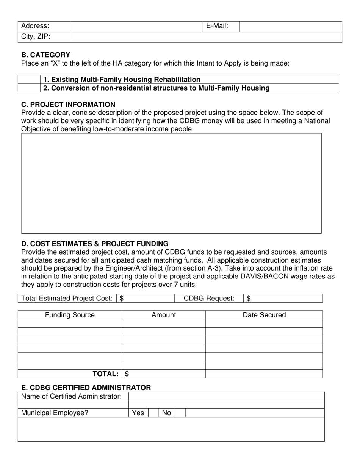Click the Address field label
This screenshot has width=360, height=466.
click(x=35, y=26)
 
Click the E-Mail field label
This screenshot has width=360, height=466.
click(x=217, y=26)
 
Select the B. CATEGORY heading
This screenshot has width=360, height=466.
click(x=45, y=55)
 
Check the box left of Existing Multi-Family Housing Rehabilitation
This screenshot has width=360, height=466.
click(x=29, y=80)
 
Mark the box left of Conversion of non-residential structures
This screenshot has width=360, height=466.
click(x=29, y=88)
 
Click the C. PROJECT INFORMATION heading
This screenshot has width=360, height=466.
click(x=68, y=105)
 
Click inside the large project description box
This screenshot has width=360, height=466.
click(x=171, y=183)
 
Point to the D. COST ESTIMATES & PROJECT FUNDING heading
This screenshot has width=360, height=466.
click(x=95, y=244)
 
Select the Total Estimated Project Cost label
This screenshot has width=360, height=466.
click(x=67, y=299)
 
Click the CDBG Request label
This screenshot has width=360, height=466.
click(x=209, y=299)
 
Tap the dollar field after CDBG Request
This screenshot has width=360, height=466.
click(x=284, y=299)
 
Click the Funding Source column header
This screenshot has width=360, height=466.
click(x=70, y=315)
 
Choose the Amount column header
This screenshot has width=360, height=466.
click(x=164, y=315)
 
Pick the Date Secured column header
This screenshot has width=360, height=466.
click(x=264, y=315)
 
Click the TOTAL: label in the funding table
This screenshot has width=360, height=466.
click(x=106, y=374)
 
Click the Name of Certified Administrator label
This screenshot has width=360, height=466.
click(x=72, y=396)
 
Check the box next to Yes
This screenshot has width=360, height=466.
click(x=153, y=413)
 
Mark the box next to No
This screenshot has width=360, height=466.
click(x=180, y=413)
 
